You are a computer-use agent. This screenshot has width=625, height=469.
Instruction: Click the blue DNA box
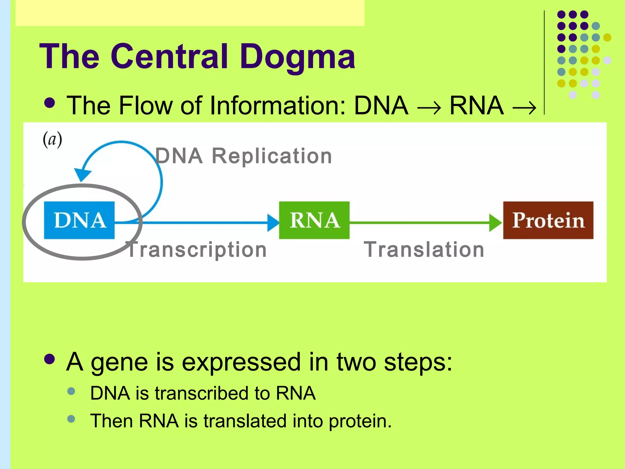point(79,220)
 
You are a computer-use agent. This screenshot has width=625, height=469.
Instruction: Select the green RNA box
point(314,220)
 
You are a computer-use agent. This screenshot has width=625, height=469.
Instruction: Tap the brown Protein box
point(548,220)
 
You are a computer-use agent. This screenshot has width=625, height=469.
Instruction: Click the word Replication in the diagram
point(272,156)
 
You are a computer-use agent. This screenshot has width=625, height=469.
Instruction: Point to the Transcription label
point(197,250)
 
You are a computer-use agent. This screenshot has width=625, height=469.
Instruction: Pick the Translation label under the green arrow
point(424,250)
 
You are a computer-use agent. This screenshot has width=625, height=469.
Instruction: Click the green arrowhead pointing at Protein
point(495,223)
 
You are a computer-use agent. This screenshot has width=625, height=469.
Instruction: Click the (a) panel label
point(52,140)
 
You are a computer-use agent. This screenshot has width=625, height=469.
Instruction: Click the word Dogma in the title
point(298,57)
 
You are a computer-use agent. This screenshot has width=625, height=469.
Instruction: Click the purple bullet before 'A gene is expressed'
point(49,359)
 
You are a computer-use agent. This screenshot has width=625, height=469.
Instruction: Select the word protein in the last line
point(360,421)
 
